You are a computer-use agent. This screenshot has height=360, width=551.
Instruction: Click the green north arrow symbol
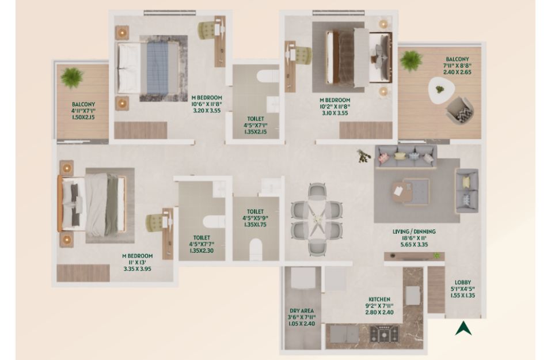(x=463, y=329)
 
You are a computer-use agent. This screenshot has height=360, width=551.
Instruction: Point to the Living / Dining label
(x=414, y=232)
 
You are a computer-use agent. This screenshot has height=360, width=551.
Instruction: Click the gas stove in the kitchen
(x=385, y=334)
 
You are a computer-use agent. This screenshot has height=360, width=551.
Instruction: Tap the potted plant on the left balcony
(x=72, y=77)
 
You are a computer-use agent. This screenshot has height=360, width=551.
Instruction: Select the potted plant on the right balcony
(x=411, y=60)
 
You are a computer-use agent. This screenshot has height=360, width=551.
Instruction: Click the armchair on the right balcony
(x=459, y=111)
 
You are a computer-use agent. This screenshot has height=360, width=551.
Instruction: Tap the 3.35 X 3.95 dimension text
(x=138, y=269)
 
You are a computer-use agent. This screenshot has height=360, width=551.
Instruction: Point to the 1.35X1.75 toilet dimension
(x=255, y=224)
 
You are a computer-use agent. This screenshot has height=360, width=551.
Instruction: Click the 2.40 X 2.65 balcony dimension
(x=457, y=72)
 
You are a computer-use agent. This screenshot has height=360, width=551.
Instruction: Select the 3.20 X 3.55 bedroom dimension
(x=207, y=111)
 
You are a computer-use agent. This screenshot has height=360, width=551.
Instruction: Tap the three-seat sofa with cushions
(x=406, y=156)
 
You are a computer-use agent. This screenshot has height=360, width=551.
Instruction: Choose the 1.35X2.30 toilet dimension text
(x=202, y=251)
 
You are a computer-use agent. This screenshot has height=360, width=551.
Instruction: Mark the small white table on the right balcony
(x=440, y=90)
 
